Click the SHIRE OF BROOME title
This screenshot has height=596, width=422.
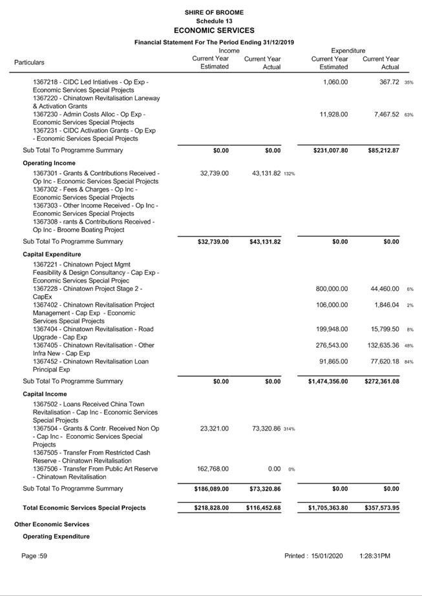point(214,12)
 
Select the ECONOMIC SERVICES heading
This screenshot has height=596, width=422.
point(214,30)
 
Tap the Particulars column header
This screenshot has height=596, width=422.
point(29,63)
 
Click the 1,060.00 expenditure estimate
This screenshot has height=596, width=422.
point(335,82)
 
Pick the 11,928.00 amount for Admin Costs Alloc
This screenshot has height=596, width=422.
point(333,114)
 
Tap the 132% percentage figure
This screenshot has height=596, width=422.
point(290,174)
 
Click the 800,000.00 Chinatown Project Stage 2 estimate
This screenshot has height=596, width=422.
point(332,289)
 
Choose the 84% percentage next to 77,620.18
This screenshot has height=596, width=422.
point(408,362)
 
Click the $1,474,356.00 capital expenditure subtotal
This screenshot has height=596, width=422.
point(328,381)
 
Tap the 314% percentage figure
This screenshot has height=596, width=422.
point(290,429)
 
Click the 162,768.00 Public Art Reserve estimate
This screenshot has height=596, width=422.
point(213,469)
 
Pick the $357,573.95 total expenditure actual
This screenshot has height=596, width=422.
point(381,508)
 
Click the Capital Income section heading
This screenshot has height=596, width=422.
point(45,394)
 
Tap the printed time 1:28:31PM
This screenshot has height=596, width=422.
point(375,556)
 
